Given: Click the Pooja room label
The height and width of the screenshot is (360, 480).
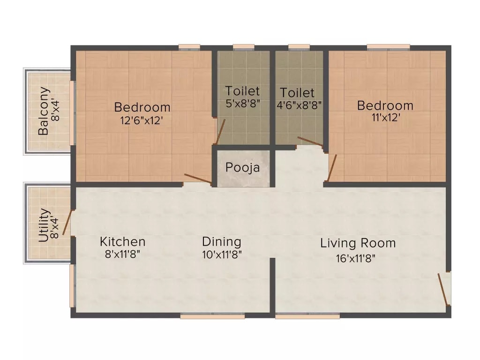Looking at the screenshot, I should coord(242,167).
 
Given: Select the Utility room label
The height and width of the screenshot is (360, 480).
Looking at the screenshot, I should coord(43,225).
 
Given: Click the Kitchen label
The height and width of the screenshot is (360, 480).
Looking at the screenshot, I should coord(122,242).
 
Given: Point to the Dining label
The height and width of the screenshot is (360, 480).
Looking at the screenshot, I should coord(221,242).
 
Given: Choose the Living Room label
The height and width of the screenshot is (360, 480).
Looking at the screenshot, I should coord(358,243).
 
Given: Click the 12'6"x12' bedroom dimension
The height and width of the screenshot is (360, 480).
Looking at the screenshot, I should coord(142,120).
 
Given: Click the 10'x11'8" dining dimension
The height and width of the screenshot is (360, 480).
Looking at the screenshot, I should coord(221,255).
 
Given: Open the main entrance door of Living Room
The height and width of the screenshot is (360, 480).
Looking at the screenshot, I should coord(444,288).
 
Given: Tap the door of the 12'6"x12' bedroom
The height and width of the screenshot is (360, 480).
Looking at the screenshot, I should coord(198,178).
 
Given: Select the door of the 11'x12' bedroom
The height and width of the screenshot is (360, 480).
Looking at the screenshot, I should coord(332,168).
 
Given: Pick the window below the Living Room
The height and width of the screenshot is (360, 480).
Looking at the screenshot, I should coord(307,316).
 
